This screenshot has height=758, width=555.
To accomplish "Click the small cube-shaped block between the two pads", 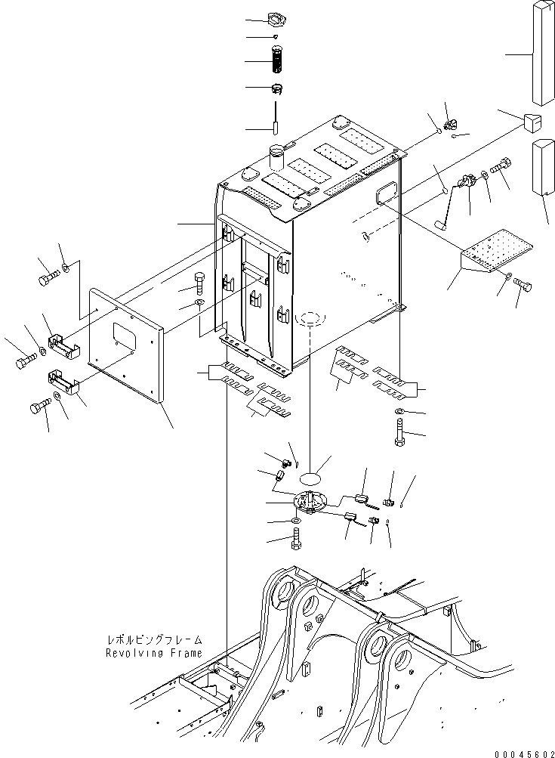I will pyautogui.click(x=531, y=120).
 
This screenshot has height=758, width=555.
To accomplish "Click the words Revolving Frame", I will pyautogui.click(x=153, y=653).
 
